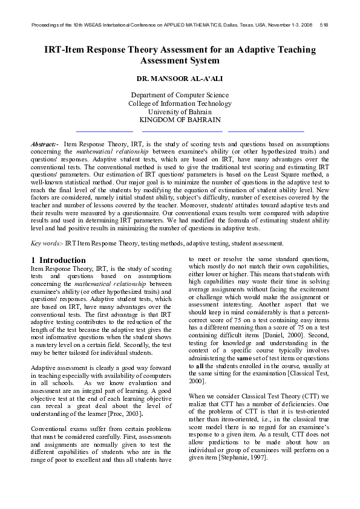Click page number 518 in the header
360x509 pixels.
324,25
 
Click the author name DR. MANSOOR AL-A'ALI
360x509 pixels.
180,79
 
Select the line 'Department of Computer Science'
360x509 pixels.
180,95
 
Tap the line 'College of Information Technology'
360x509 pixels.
180,103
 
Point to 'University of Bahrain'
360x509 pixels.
180,112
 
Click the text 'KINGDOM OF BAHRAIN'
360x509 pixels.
180,120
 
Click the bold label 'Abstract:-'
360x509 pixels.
44,144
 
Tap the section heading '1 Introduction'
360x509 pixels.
58,260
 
